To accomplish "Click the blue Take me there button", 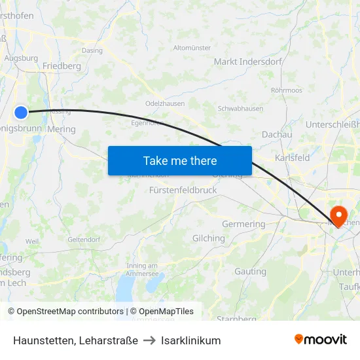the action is tap(180, 160).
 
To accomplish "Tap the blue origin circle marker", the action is tap(21, 113).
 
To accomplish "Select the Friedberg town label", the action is tap(62, 66).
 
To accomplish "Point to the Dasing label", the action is tap(92, 50).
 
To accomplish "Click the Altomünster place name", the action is tap(192, 48).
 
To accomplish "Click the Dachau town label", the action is tap(276, 134).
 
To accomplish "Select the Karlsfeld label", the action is tap(292, 158).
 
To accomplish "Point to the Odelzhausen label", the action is tap(164, 103).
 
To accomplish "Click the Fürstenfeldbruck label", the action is tap(183, 190).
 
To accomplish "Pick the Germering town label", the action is tap(243, 224).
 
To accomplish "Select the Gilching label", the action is tap(208, 238).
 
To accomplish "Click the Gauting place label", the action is tap(250, 271).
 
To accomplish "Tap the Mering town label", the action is tap(62, 129).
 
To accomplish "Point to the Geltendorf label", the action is tap(83, 240).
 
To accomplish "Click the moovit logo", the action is tap(320, 340).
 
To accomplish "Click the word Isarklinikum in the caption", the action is tap(191, 340).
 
